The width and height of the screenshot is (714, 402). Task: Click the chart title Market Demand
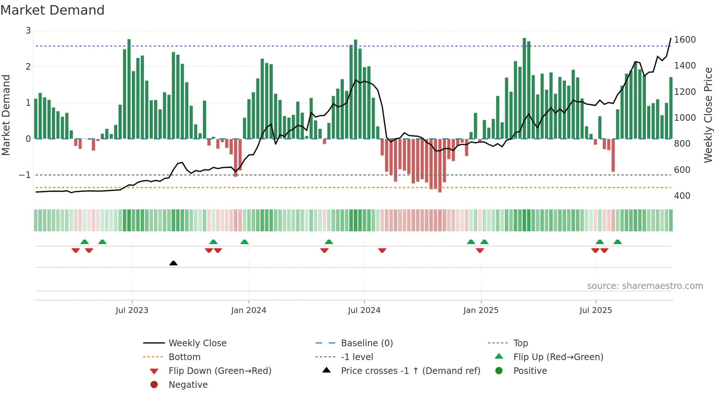(x=52, y=10)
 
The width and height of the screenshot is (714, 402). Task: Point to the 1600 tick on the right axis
(x=684, y=40)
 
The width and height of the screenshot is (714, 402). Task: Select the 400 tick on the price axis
(x=682, y=196)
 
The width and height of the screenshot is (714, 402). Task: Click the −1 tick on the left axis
(x=25, y=175)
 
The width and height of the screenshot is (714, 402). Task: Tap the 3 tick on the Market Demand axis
(x=28, y=31)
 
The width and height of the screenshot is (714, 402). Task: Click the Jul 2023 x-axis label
(x=132, y=310)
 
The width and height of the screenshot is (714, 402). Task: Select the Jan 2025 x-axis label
(x=480, y=310)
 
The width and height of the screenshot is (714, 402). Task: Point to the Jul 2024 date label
(x=364, y=310)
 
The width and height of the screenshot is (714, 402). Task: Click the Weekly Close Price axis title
(x=708, y=115)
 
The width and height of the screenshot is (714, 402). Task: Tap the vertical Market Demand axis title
(x=6, y=115)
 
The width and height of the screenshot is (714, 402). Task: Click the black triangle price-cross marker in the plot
(x=173, y=263)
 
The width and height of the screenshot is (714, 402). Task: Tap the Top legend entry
(x=520, y=343)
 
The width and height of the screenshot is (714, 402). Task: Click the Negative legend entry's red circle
(x=154, y=385)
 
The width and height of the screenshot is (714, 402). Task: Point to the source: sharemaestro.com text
(x=645, y=286)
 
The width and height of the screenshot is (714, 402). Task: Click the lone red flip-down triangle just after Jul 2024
(x=382, y=251)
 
